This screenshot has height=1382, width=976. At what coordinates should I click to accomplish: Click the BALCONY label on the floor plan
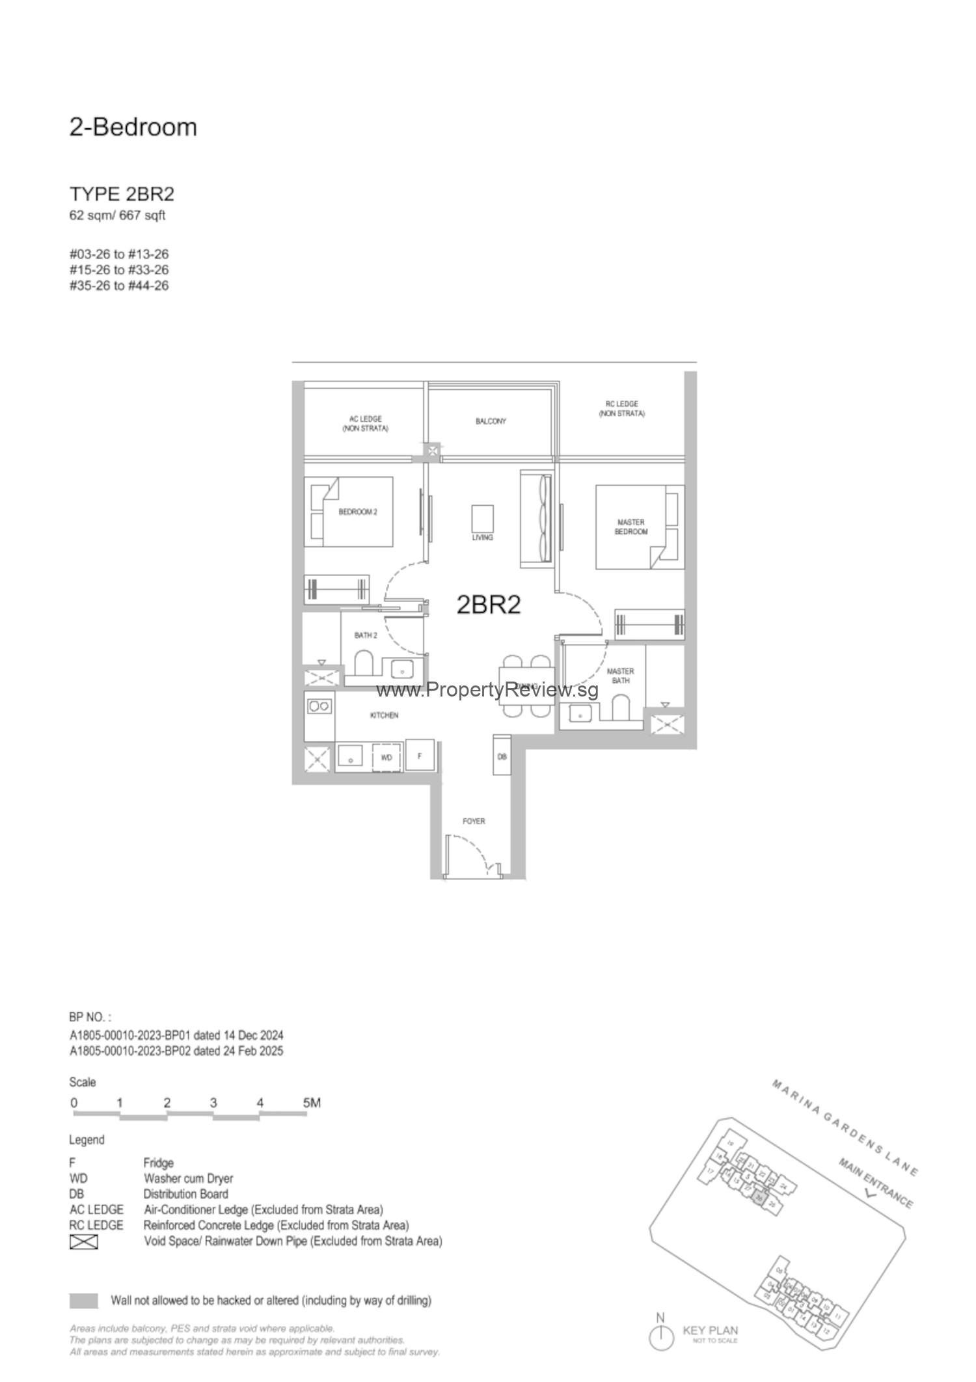click(x=491, y=421)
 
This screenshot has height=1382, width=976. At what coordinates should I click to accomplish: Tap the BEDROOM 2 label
click(x=358, y=512)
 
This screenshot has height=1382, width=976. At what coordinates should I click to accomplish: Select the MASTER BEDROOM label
click(x=630, y=527)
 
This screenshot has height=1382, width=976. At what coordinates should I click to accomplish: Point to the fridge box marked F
click(x=420, y=756)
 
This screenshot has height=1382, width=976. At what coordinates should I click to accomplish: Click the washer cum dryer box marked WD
click(x=386, y=758)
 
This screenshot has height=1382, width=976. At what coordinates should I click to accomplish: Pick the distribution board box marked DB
click(x=502, y=756)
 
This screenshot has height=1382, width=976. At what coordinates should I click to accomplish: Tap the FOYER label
click(x=474, y=821)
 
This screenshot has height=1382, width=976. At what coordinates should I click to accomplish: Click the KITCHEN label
click(x=384, y=715)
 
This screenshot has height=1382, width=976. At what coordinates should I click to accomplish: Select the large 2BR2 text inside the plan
click(x=489, y=605)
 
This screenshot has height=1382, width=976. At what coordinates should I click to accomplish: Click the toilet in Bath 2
click(x=362, y=665)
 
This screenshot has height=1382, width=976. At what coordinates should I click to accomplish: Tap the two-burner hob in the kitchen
click(x=319, y=706)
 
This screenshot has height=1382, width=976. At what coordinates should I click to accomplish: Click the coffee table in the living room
click(x=482, y=519)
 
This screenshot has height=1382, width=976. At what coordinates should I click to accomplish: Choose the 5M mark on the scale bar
click(x=312, y=1103)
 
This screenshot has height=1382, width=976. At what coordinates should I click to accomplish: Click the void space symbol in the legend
click(x=83, y=1241)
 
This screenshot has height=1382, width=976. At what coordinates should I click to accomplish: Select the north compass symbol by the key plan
click(x=661, y=1336)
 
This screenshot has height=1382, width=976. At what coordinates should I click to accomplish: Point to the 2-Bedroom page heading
click(x=133, y=127)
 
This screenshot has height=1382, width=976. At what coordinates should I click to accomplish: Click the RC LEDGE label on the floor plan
click(x=622, y=409)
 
